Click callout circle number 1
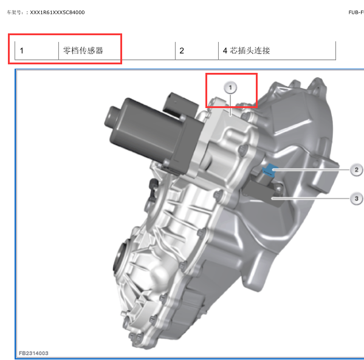(x=230, y=87)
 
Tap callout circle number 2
(x=357, y=170)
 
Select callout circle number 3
(x=357, y=199)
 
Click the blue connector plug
(x=270, y=170)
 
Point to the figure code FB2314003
(x=33, y=353)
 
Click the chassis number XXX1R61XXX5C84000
(x=57, y=12)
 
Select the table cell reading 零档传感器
(x=83, y=50)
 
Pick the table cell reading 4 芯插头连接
(x=246, y=50)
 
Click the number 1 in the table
(x=22, y=50)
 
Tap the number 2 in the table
(x=182, y=50)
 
